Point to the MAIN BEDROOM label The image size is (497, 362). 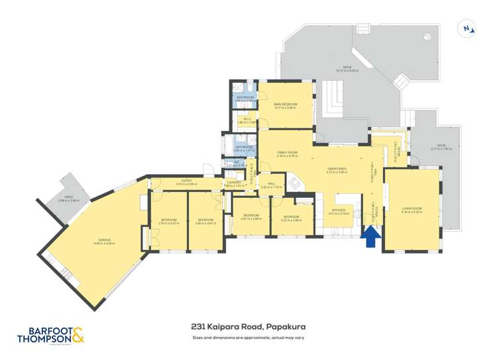point(286,104)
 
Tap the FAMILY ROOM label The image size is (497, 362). point(287,153)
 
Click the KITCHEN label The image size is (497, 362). point(338,211)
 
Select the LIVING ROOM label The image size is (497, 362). point(412,208)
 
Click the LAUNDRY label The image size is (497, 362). point(235,182)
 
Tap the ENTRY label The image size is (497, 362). point(187,180)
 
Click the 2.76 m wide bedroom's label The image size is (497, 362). point(170,220)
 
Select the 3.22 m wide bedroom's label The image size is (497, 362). point(292,216)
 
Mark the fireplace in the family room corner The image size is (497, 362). point(292,179)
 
